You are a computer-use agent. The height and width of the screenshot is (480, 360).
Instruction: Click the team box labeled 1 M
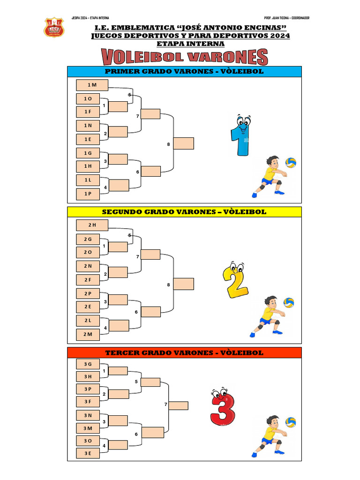pyautogui.click(x=92, y=85)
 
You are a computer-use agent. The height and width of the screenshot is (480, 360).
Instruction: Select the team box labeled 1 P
pyautogui.click(x=88, y=194)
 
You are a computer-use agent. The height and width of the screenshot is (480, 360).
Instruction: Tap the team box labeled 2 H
pyautogui.click(x=92, y=225)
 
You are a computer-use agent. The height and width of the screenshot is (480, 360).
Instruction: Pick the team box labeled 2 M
pyautogui.click(x=88, y=334)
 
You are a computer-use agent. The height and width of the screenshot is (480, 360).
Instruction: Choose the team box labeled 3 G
pyautogui.click(x=88, y=364)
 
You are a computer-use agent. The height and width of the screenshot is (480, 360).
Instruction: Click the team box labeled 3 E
pyautogui.click(x=88, y=453)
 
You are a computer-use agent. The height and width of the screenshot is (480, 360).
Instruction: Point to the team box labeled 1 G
pyautogui.click(x=88, y=153)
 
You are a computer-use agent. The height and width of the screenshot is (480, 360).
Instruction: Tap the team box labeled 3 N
pyautogui.click(x=88, y=415)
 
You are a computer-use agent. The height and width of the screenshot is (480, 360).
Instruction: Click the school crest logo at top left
pyautogui.click(x=54, y=28)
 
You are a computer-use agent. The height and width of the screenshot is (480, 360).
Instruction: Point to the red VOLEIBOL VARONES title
pyautogui.click(x=185, y=58)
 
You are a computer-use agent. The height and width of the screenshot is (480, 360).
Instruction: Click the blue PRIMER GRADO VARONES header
pyautogui.click(x=184, y=72)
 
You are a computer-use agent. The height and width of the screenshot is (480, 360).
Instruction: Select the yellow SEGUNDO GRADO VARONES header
pyautogui.click(x=184, y=212)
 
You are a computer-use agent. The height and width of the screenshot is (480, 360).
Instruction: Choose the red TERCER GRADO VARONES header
pyautogui.click(x=184, y=352)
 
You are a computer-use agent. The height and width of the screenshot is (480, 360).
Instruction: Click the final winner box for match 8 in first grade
pyautogui.click(x=184, y=143)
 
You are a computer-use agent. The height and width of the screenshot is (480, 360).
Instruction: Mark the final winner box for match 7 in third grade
pyautogui.click(x=179, y=405)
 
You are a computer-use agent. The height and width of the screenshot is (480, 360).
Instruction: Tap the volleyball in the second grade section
pyautogui.click(x=289, y=302)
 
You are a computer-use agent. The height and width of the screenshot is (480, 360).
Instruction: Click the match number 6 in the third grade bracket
pyautogui.click(x=136, y=434)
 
